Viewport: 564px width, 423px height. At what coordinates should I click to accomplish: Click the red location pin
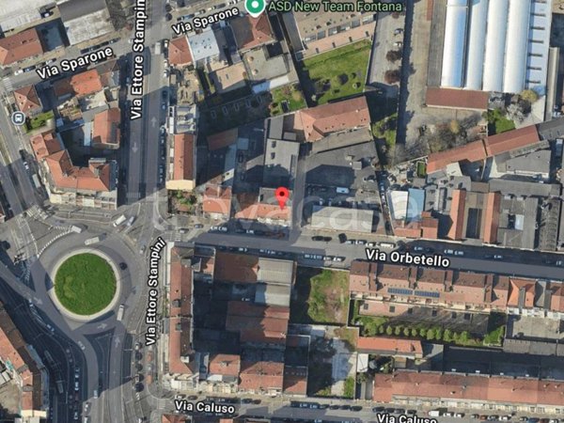[282, 197]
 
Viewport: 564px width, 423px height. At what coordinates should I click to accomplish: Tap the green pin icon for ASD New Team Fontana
[254, 8]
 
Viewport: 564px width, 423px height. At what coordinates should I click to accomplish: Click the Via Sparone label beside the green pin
[205, 19]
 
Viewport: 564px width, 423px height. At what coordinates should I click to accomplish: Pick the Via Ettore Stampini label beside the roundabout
[155, 291]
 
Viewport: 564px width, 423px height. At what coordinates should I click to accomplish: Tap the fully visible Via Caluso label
[204, 407]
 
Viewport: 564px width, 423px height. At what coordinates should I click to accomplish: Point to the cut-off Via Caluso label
[406, 417]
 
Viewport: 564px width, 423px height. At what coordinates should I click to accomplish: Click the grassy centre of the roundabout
[85, 283]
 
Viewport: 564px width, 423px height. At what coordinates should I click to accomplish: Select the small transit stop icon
[18, 117]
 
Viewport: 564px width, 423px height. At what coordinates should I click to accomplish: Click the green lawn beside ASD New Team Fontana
[338, 71]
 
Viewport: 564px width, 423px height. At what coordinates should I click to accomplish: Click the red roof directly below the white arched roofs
[458, 98]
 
